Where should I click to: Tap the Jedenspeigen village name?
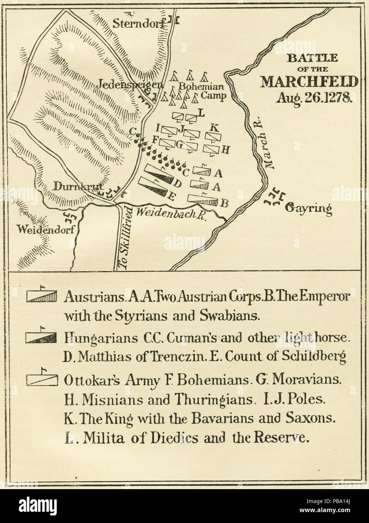(x=131, y=84)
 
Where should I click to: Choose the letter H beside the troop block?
(x=225, y=150)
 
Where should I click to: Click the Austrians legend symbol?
(x=41, y=296)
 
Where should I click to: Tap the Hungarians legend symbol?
(x=41, y=337)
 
